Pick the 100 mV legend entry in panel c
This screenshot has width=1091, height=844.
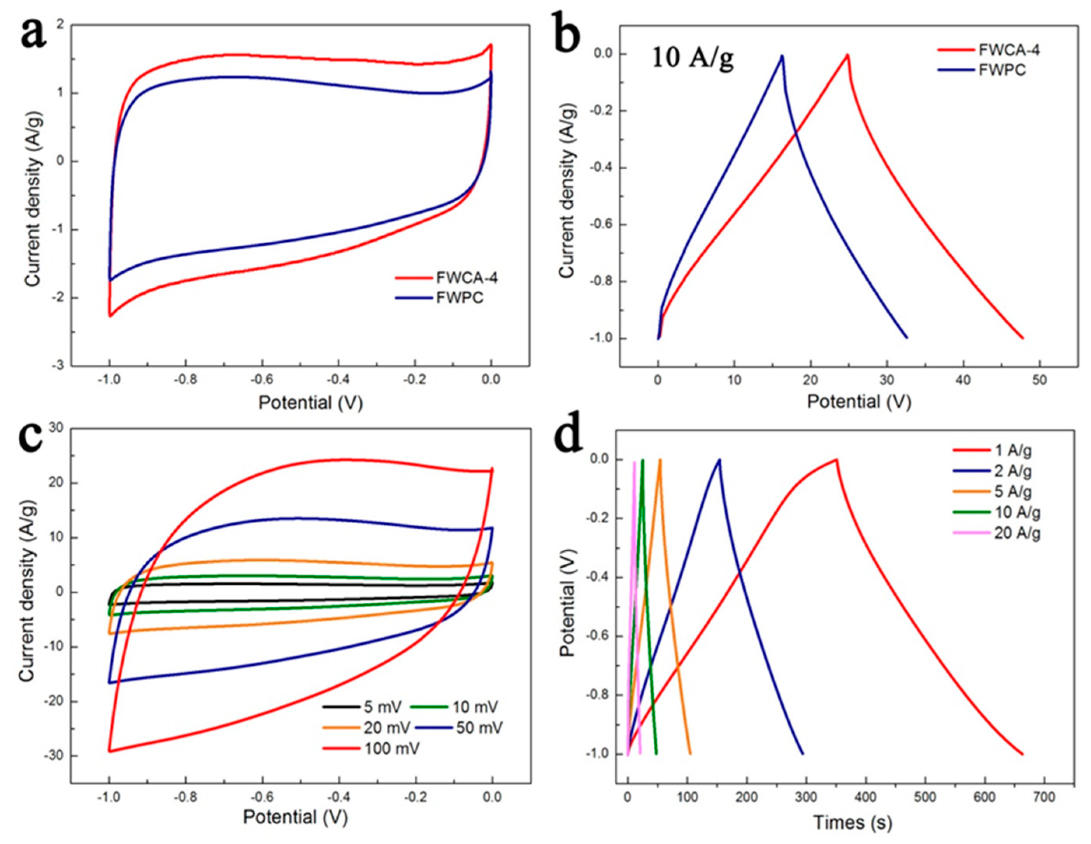pyautogui.click(x=392, y=748)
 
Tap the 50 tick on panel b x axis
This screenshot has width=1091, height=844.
pyautogui.click(x=1040, y=380)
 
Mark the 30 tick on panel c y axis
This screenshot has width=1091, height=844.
pyautogui.click(x=56, y=428)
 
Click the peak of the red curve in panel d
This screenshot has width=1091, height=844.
pyautogui.click(x=836, y=459)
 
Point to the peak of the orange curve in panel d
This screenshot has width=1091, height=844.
pyautogui.click(x=660, y=460)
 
